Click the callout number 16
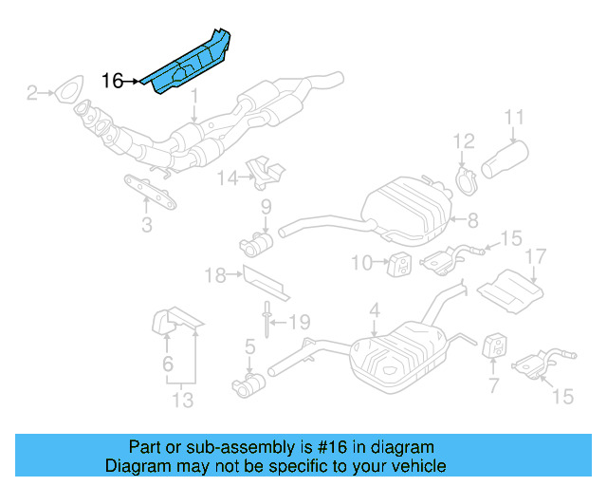pyautogui.click(x=112, y=81)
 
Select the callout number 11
pyautogui.click(x=513, y=118)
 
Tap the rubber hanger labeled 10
pyautogui.click(x=400, y=262)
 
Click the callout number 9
pyautogui.click(x=267, y=207)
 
